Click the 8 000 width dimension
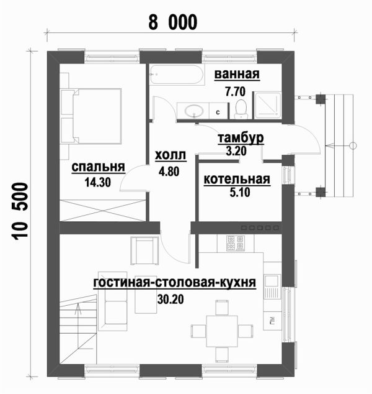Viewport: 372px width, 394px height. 173,22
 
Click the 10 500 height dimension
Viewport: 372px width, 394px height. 20,211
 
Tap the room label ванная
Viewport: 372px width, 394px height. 237,75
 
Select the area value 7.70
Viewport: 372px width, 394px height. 235,92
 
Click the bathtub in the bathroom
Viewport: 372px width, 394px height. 177,75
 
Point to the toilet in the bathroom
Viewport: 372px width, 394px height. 241,109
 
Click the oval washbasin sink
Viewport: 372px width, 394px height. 194,111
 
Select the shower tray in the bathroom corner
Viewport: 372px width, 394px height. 268,105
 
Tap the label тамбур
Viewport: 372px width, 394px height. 241,139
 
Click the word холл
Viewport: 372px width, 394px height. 170,155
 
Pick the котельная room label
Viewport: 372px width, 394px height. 237,180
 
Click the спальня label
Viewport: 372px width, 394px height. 98,167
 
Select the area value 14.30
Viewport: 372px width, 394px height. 97,182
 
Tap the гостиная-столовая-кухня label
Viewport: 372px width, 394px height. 175,283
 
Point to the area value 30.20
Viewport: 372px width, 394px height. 170,299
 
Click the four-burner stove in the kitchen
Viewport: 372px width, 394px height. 236,243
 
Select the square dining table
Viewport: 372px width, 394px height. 222,331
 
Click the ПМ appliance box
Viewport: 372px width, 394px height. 272,321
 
